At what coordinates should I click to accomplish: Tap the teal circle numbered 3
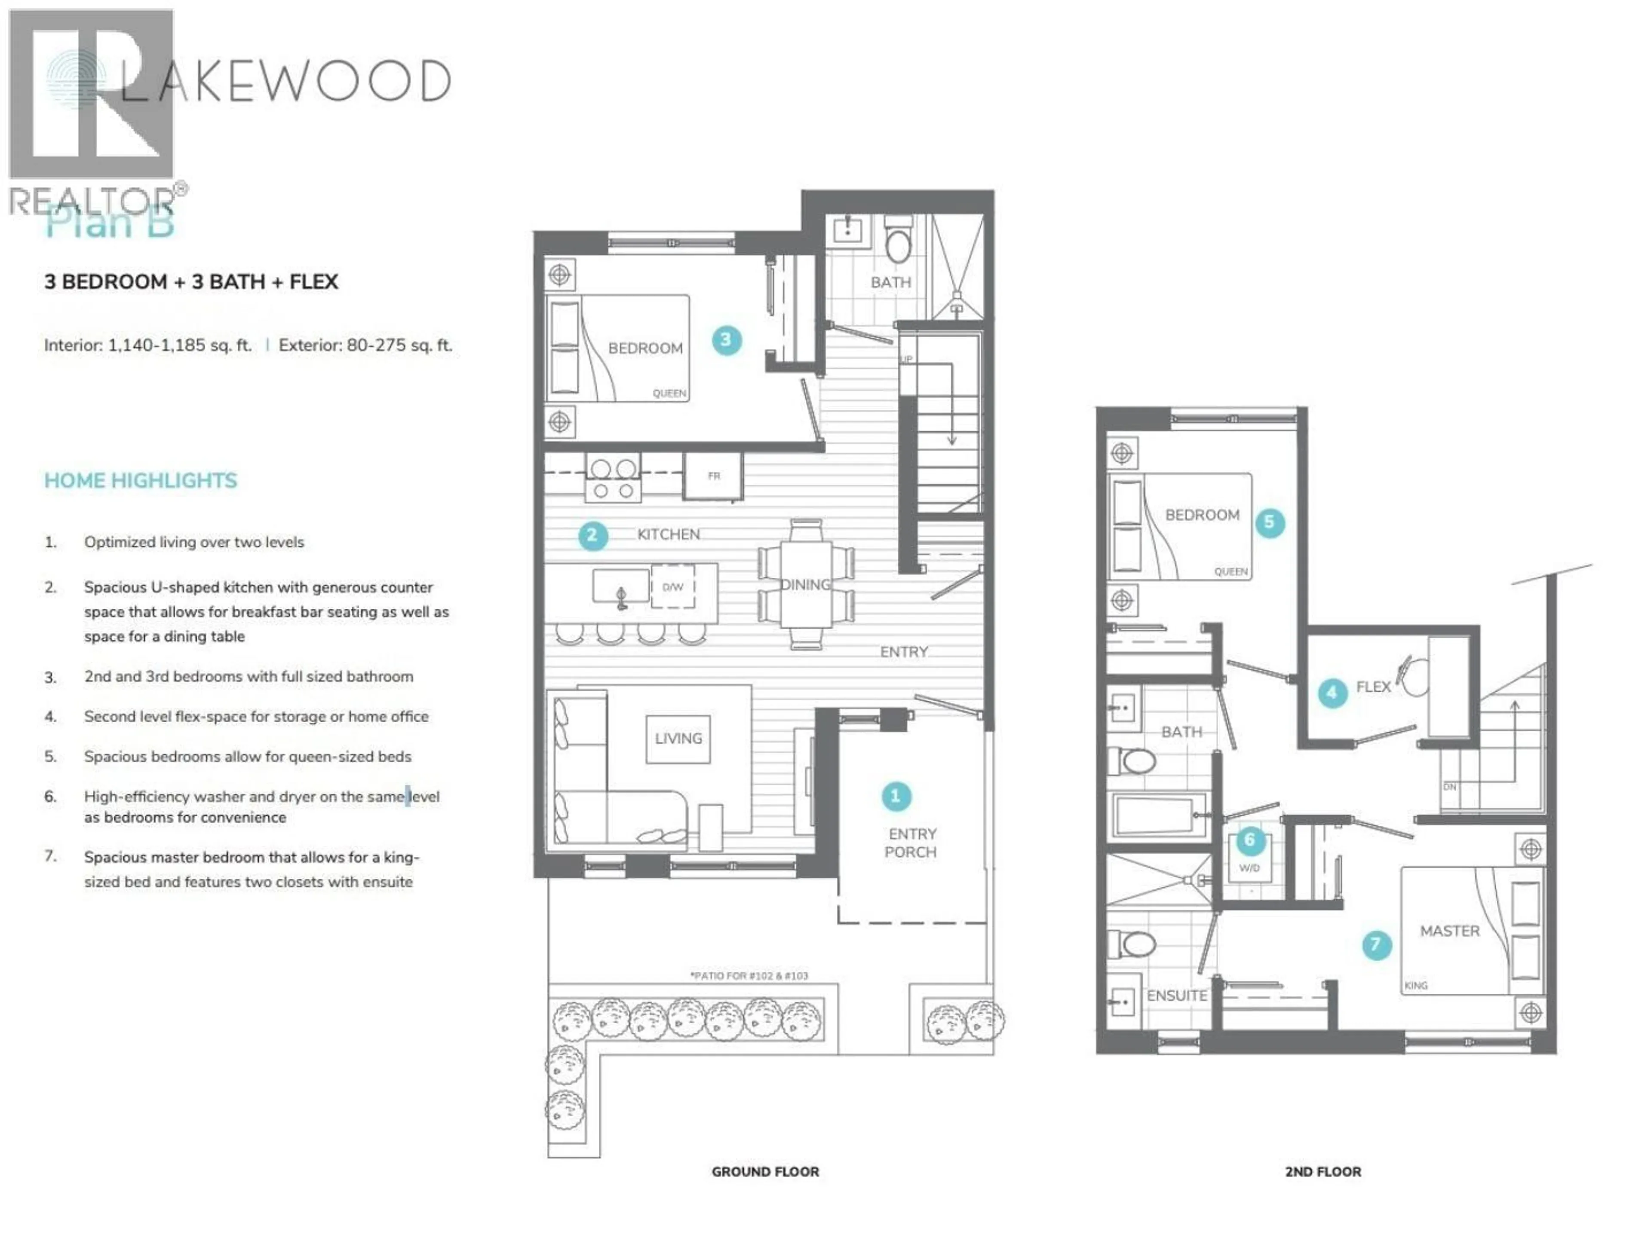coord(726,340)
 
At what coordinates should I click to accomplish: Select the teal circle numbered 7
coord(1376,944)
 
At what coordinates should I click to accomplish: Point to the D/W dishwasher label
coord(672,587)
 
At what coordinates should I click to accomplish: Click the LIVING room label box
coord(678,739)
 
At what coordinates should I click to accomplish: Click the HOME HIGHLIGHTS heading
coord(140,480)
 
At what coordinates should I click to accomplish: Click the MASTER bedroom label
coord(1449,931)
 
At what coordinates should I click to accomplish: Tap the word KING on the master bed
coord(1416,986)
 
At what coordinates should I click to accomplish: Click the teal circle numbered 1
coord(896,796)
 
